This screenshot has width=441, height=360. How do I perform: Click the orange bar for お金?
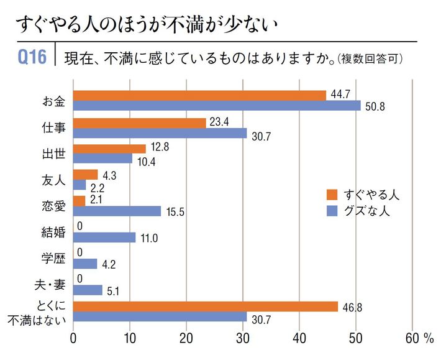[x=199, y=95]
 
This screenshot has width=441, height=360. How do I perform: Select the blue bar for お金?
[x=217, y=106]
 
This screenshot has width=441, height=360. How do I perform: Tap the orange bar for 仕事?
[x=139, y=123]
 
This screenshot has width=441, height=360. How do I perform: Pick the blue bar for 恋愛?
[x=117, y=211]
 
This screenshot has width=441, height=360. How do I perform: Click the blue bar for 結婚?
[x=104, y=237]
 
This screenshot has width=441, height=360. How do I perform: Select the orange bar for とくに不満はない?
[x=206, y=306]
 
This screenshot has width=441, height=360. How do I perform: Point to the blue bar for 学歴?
[x=85, y=264]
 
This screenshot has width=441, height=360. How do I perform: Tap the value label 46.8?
[x=352, y=306]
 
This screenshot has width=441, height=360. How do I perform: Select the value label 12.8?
[x=159, y=147]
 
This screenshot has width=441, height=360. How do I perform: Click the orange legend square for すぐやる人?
[x=332, y=195]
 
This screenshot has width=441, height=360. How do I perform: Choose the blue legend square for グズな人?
[x=332, y=210]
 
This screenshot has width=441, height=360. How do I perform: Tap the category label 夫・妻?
[x=50, y=285]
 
